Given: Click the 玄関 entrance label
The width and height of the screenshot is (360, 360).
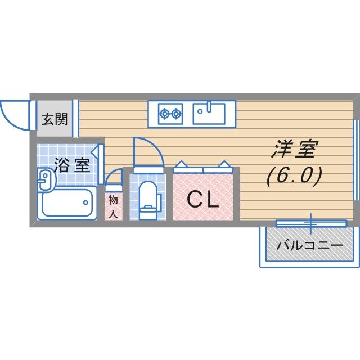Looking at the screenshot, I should coord(55,120).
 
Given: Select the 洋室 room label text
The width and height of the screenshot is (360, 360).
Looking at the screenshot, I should coord(295,150).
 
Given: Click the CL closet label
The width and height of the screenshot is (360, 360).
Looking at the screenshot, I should coord(202,200).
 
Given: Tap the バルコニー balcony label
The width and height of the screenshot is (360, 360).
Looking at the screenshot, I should coord(310,246).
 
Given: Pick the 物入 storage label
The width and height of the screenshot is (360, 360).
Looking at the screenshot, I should coord(113,206).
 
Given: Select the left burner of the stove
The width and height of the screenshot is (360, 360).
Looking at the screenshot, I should coord(165,114).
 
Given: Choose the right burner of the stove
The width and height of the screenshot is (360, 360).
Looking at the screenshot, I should coord(177,114).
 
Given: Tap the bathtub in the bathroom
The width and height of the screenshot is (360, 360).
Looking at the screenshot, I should coord(66,202).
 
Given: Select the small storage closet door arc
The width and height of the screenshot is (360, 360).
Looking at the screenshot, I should coord(114,177).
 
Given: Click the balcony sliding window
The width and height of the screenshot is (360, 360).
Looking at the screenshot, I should coord(310,223).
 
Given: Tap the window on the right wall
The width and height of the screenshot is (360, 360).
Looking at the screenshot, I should coord(355,160).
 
